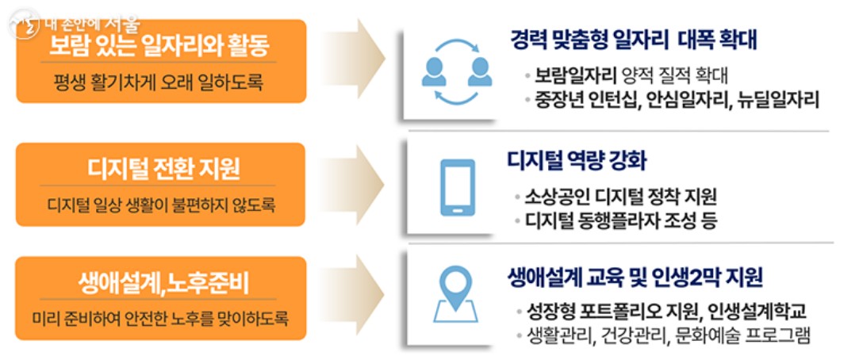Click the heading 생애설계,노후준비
click(x=163, y=281)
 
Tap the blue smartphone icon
click(x=457, y=189)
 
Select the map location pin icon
click(x=457, y=298)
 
